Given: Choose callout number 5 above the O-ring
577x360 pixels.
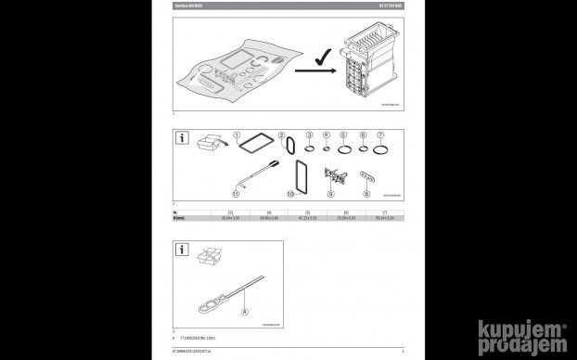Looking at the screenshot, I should [343, 135].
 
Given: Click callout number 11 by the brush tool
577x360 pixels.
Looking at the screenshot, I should [236, 195].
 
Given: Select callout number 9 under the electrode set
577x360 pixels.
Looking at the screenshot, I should [331, 195].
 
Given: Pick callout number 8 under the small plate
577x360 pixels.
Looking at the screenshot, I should [367, 195].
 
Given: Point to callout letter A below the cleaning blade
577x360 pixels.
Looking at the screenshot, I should [245, 313].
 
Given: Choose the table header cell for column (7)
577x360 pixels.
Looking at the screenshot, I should [384, 212].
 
